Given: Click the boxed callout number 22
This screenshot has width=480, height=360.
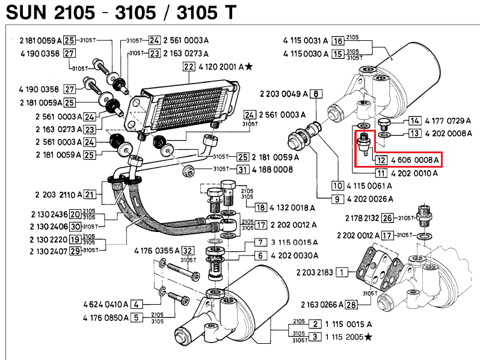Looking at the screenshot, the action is (189, 67).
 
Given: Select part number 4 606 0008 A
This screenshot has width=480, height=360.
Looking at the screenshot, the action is (415, 160).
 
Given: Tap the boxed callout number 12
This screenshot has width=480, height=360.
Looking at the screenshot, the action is (381, 160).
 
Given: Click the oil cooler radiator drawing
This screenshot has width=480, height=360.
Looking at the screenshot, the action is (182, 108).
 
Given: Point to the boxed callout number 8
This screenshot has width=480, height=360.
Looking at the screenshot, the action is (316, 94).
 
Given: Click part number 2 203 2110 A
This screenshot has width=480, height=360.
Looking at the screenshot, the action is (58, 195).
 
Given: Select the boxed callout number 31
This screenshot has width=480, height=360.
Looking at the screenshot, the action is (243, 169).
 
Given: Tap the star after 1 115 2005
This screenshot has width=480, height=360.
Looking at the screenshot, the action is (368, 337).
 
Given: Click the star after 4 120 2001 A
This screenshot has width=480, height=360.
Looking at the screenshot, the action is (249, 66).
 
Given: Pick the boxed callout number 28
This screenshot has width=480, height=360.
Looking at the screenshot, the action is (351, 305).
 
